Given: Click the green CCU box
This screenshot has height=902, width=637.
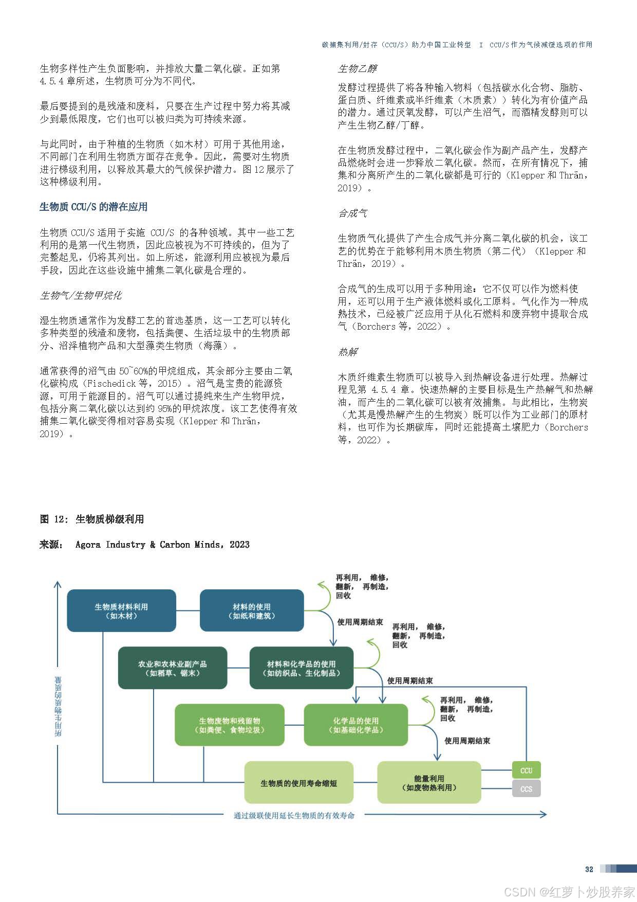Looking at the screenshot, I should point(526,770).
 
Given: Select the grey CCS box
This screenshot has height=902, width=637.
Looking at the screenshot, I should point(526,789).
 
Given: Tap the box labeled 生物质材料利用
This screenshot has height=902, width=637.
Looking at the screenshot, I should point(121,611).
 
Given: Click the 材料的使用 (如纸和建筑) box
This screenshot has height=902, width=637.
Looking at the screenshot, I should point(252,611).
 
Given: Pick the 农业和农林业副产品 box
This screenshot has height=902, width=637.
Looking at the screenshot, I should point(173,668).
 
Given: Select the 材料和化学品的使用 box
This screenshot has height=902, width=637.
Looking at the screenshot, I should point(302,668).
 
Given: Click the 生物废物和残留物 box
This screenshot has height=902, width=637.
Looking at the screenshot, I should point(230,725).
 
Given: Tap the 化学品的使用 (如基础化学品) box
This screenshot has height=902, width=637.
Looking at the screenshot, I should point(356,725).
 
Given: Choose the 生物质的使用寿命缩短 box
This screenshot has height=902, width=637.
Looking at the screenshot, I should point(298,783).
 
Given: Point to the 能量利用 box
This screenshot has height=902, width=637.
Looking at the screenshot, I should point(429,783).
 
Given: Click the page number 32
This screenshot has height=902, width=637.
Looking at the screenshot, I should point(589,869).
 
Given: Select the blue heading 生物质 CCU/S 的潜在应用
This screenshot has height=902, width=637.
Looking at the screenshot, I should point(93,207).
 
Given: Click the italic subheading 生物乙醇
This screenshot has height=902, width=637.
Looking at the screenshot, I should point(357,69).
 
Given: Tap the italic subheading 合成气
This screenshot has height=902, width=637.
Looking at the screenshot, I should point(352,213).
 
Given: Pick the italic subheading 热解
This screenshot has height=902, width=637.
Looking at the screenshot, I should point(348,352).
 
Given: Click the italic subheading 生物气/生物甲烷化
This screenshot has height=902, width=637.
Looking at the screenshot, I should point(81,296).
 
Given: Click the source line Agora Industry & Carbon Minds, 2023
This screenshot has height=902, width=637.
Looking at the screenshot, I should point(162,545).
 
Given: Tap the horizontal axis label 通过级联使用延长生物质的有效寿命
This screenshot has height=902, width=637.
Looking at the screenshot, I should point(294,815).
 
